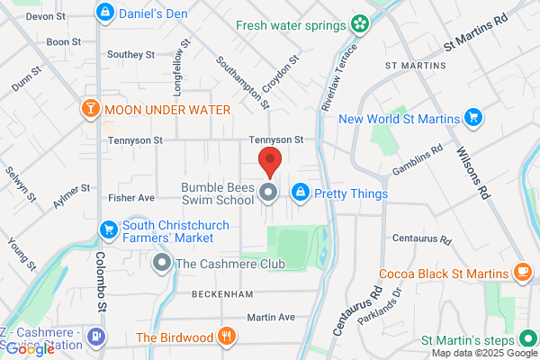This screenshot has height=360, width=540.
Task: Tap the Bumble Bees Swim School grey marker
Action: point(268,193)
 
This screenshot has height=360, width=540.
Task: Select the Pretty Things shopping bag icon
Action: point(301,193)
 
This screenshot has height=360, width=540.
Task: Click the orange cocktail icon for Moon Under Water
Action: point(90,110)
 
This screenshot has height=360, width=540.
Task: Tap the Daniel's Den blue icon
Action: point(106,13)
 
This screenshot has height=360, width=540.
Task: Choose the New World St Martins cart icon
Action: point(473,117)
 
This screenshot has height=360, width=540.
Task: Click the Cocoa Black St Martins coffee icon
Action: point(521,271)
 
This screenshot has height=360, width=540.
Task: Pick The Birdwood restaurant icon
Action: point(227,337)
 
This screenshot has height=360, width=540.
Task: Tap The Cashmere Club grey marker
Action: point(162,264)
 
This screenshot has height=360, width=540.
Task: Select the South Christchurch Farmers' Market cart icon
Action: point(109,229)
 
